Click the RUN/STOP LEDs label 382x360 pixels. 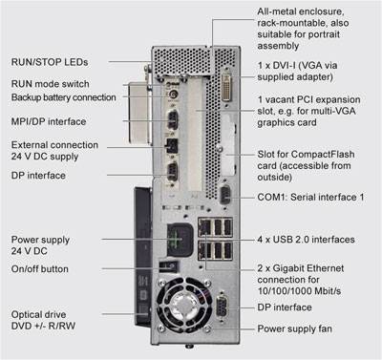tap(50, 62)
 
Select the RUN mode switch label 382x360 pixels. tap(51, 84)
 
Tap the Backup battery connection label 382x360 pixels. tap(64, 97)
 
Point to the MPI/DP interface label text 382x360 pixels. tap(49, 121)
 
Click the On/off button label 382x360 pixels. tap(40, 269)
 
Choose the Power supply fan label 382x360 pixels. tap(295, 328)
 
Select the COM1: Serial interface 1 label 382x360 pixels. tap(310, 197)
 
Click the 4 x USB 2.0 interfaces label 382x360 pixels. tap(306, 240)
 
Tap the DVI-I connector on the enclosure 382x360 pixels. tap(226, 87)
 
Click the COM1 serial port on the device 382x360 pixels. tap(224, 194)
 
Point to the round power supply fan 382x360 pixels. tap(184, 304)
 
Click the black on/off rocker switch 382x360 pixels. tap(168, 266)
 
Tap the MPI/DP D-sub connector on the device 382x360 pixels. tap(172, 119)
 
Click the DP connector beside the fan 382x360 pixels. tap(222, 307)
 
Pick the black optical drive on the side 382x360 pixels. tap(142, 257)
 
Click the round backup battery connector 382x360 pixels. tap(173, 95)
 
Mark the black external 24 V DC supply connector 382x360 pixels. tap(171, 146)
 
